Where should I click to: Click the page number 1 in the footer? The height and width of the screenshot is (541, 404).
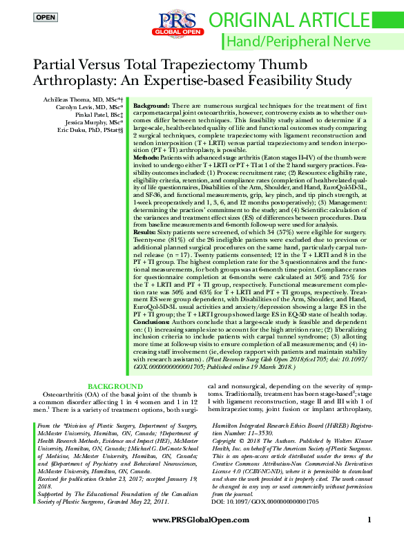[x=369, y=520]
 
